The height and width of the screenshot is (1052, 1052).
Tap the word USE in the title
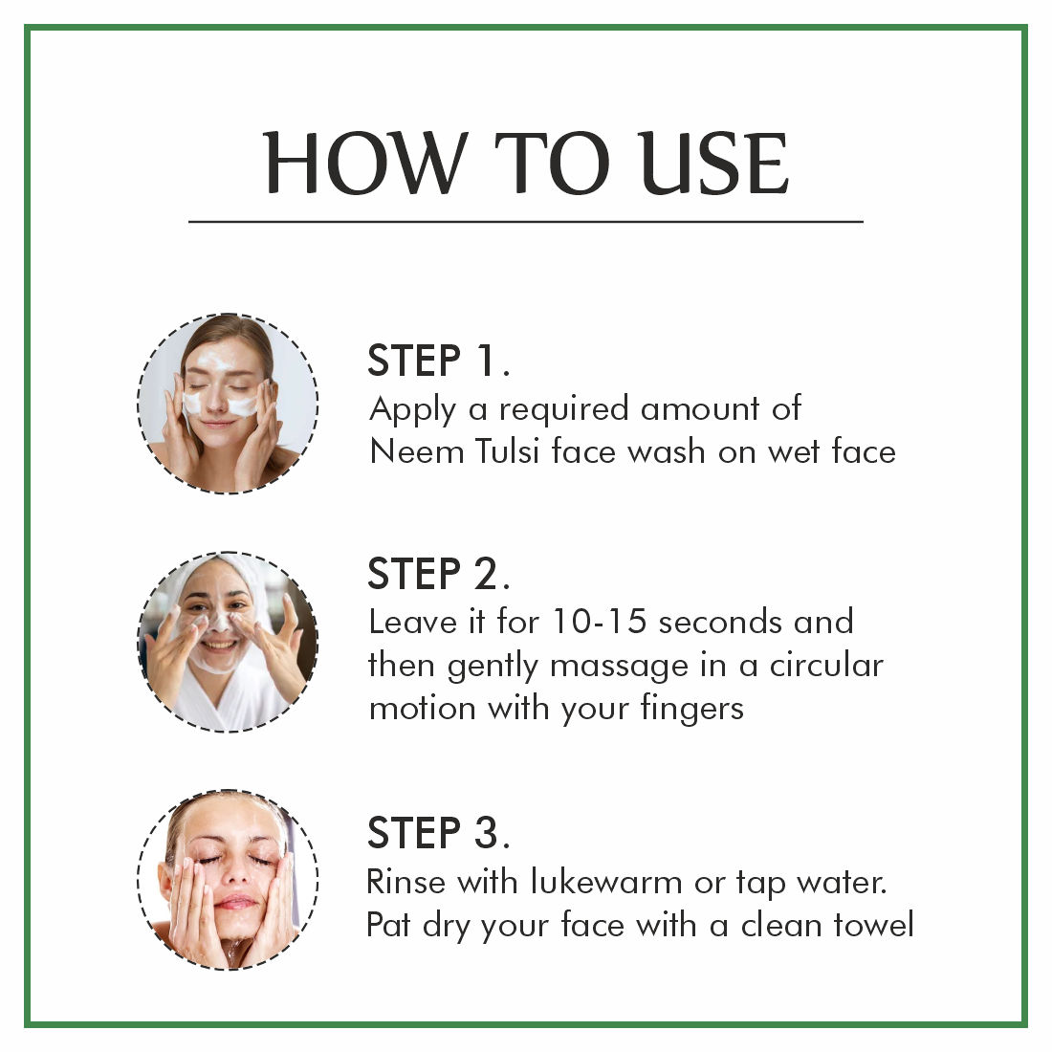tap(713, 163)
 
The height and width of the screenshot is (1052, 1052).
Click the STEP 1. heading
tap(439, 361)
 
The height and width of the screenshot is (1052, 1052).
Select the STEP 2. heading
tap(439, 575)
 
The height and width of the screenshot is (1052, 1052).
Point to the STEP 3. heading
tap(439, 833)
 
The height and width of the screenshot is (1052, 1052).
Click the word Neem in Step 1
tap(417, 450)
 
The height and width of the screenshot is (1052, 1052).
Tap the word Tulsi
tap(507, 450)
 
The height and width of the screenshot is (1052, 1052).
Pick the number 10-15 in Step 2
tap(599, 622)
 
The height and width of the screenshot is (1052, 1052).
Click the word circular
tap(826, 665)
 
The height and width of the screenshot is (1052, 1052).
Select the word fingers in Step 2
tap(691, 710)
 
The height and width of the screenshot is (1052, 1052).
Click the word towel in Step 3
tap(873, 925)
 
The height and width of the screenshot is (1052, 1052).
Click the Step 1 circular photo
tap(229, 404)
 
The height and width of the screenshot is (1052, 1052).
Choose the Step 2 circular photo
tap(229, 642)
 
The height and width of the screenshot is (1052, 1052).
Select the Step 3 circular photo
tap(229, 880)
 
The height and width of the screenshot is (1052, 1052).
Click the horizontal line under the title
tap(526, 221)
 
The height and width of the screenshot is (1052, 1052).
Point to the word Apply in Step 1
tap(412, 410)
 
